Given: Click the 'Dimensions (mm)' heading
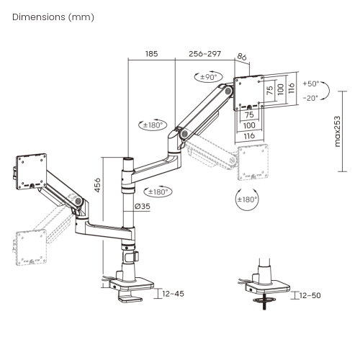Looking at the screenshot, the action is point(53,17).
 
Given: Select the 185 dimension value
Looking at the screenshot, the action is point(152,54).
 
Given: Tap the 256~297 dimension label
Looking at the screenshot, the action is point(204,54).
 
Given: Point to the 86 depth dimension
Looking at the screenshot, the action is point(242,57).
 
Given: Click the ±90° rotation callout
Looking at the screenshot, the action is point(208,77).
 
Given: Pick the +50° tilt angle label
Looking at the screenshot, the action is point(311,84).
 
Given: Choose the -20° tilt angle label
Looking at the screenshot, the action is point(310,98).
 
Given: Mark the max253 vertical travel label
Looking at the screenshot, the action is point(337,132).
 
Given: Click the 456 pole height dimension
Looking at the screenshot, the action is point(97,185).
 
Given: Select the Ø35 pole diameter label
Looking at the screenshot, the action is point(143,206).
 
